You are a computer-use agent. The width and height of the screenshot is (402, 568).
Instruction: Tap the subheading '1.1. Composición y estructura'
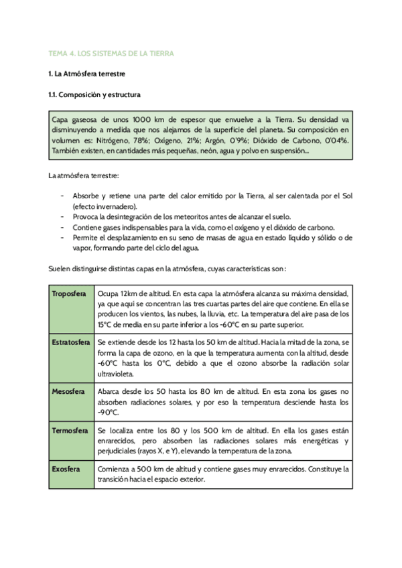94,95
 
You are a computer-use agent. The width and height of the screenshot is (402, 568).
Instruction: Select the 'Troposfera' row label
70,294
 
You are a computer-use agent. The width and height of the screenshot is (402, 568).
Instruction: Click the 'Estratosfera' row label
71,342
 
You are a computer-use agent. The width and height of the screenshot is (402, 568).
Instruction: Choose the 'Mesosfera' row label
68,391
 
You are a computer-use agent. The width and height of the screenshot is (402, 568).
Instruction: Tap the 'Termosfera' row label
70,430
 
